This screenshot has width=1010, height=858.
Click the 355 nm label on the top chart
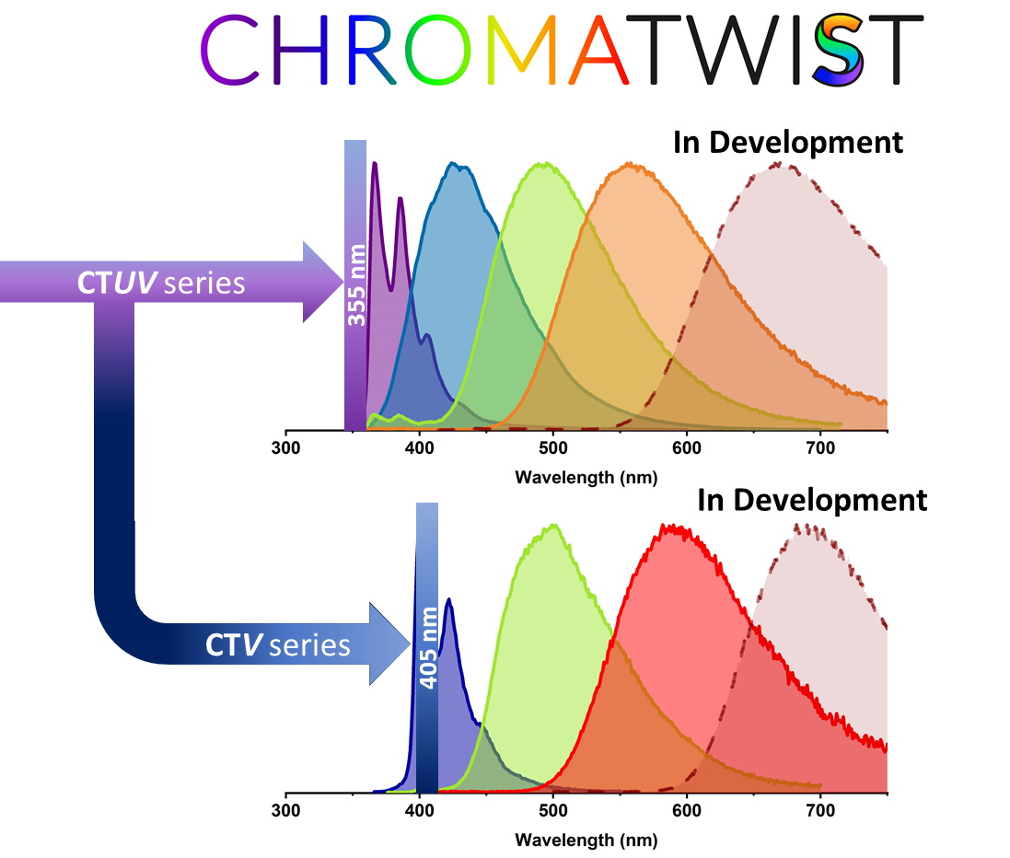click(355, 285)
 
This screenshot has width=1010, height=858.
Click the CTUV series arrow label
click(161, 283)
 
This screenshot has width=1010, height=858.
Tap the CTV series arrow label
click(278, 644)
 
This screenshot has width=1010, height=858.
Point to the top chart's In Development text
click(787, 143)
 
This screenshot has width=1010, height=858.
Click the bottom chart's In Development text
click(811, 501)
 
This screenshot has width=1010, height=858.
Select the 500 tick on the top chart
click(552, 448)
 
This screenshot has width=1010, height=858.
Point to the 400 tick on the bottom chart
click(420, 811)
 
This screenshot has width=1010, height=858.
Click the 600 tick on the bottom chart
click(686, 811)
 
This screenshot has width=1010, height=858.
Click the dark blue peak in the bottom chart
click(448, 599)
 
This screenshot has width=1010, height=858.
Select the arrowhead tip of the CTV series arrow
click(410, 643)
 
